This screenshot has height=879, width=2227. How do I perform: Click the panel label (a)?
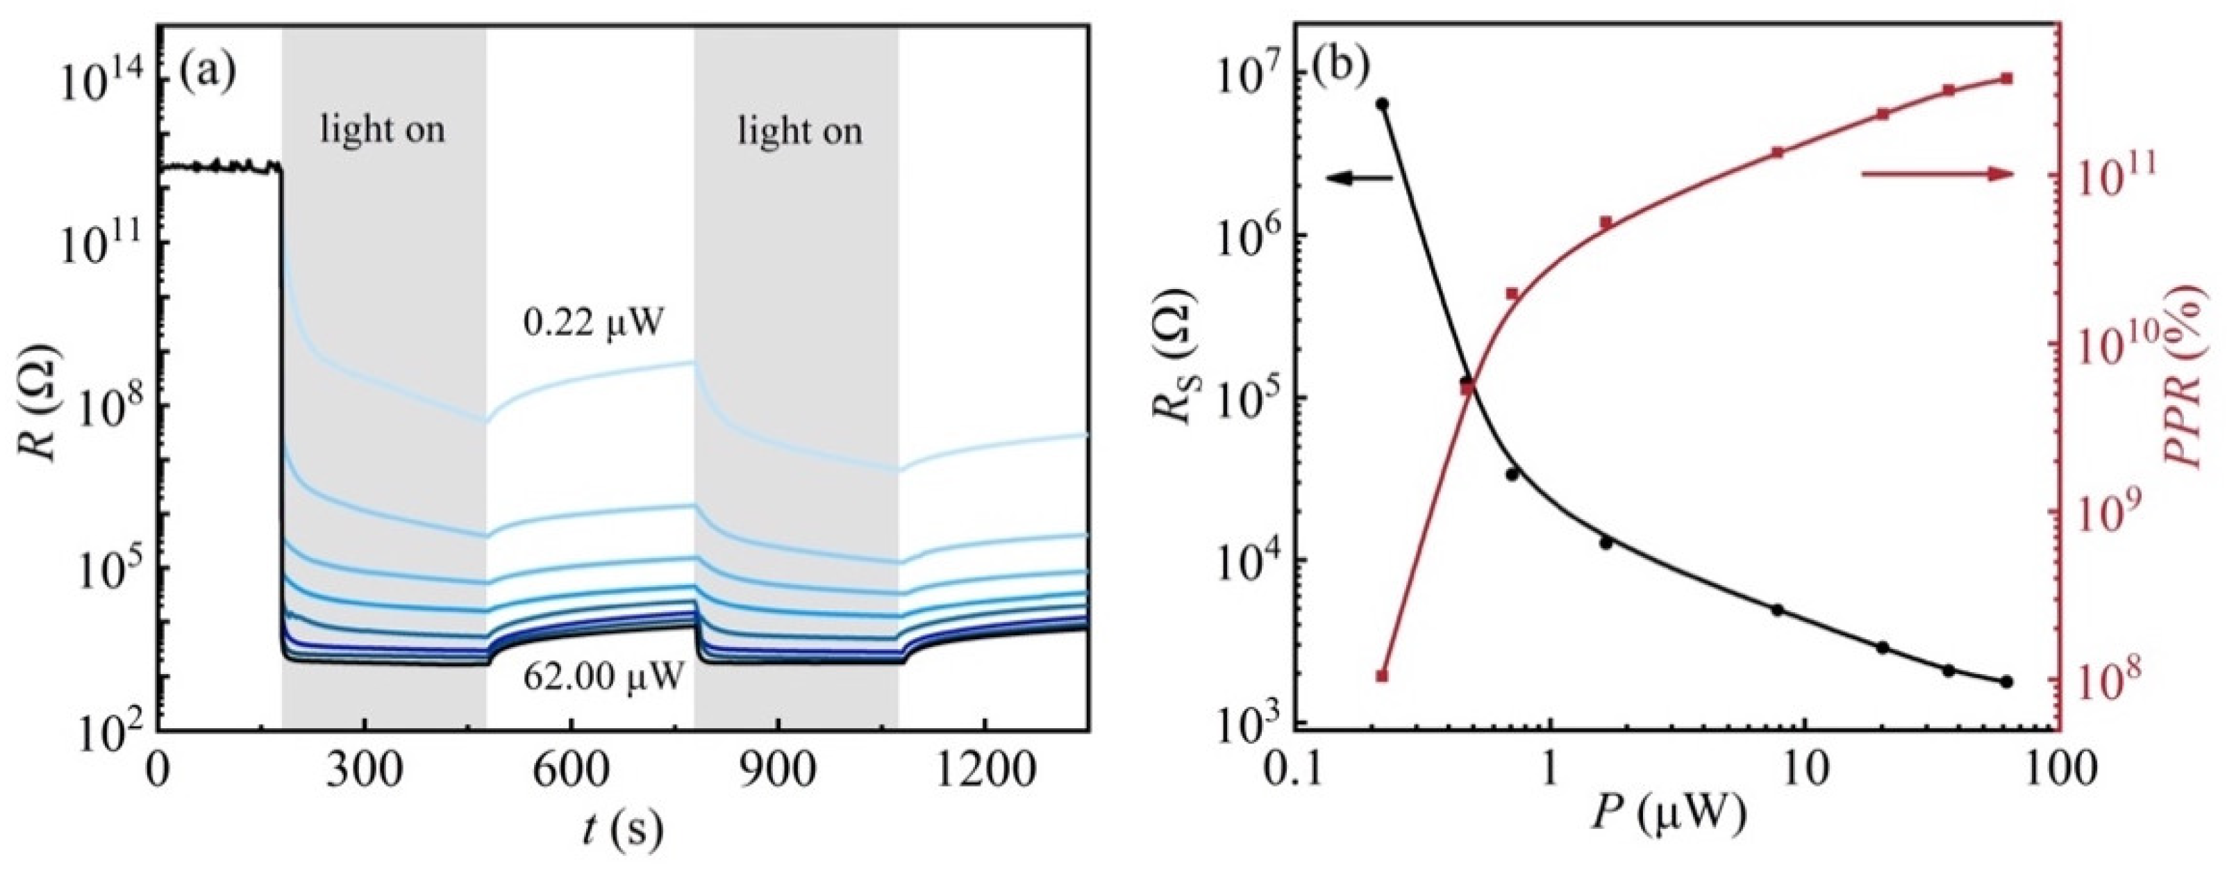click(208, 71)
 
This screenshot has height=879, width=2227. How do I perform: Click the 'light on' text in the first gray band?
click(383, 131)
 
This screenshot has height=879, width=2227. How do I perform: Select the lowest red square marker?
click(1381, 675)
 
